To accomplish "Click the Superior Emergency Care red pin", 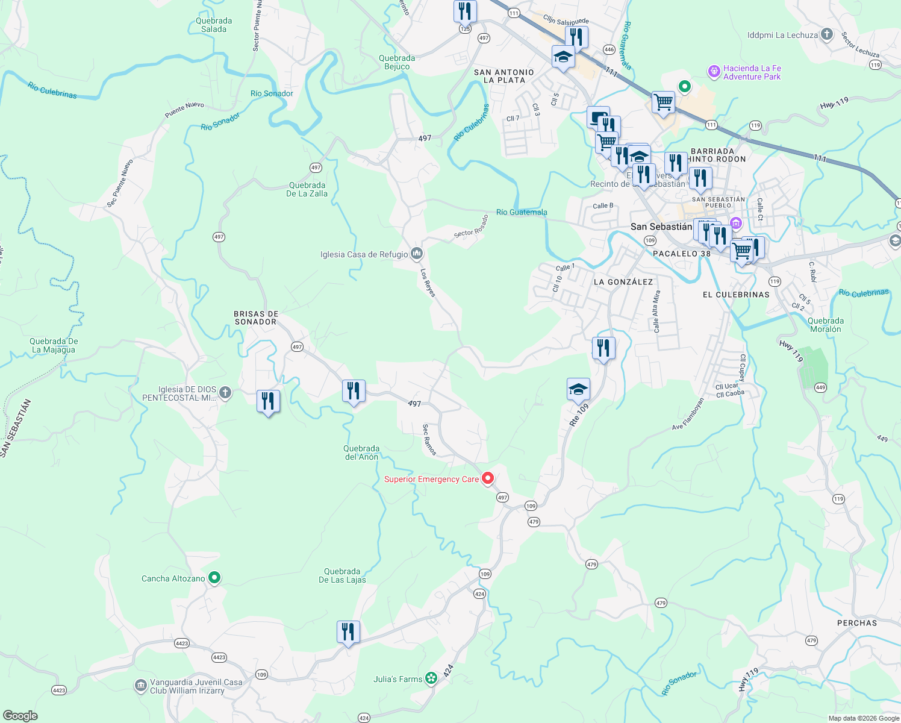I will tap(488, 478).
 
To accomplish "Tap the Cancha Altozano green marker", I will tap(214, 578).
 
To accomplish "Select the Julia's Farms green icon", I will tap(431, 679).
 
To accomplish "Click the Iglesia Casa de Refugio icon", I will tap(417, 254).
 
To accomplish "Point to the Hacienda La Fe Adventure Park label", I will tap(752, 73).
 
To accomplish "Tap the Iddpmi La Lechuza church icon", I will tap(827, 34).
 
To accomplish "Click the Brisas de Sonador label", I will tap(256, 318).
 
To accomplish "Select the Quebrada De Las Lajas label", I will tap(342, 575).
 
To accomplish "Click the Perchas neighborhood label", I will tap(857, 623).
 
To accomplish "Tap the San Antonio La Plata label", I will tap(504, 76).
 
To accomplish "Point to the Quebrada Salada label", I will tap(214, 25).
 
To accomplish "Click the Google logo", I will tap(20, 716).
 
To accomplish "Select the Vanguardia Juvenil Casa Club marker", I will tap(140, 685).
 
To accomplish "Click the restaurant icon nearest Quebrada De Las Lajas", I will tap(348, 632).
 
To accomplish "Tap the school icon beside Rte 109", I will tap(578, 390).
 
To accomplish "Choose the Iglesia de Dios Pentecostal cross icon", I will tap(225, 393).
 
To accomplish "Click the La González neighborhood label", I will tap(623, 282).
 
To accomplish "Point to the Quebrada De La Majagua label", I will tap(54, 345).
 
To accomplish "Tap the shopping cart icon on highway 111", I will tap(663, 102).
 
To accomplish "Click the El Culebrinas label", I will tap(736, 295).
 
